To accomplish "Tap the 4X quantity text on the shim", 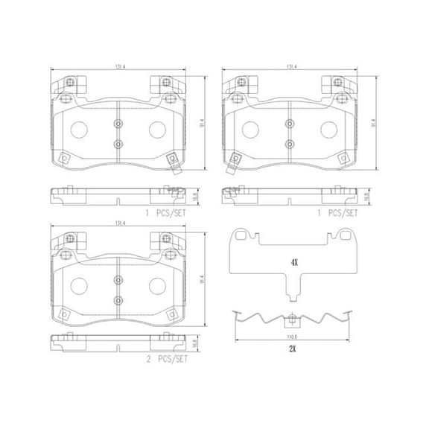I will point(293,262).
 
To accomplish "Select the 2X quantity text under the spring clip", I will point(294,349).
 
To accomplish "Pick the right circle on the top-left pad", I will point(157,131).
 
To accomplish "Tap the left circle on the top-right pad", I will point(249,131).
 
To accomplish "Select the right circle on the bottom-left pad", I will point(157,287).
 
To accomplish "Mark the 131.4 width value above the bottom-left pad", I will point(117,222).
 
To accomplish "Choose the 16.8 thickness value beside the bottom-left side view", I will point(195,346).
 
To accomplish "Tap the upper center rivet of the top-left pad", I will point(117,124).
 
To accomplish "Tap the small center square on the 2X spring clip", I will point(292,321).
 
